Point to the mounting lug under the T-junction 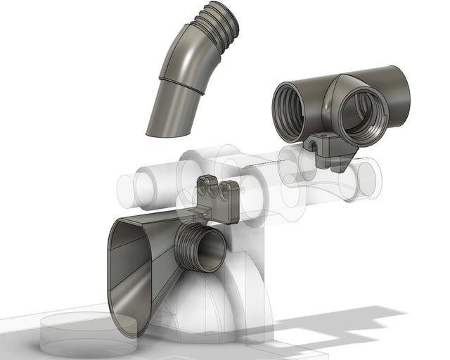330,151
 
